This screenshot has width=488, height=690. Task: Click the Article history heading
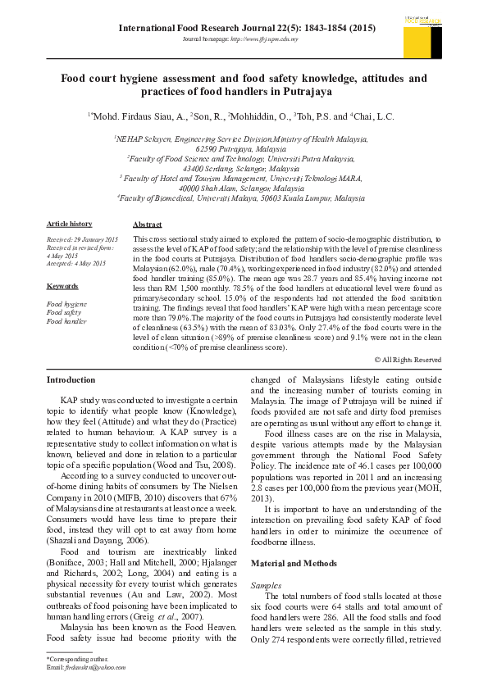[x=70, y=224]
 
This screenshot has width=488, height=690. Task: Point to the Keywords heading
[x=62, y=286]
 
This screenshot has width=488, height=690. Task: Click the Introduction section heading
[x=71, y=379]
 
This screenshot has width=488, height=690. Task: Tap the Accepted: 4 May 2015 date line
[x=76, y=263]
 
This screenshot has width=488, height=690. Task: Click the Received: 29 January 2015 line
[x=83, y=238]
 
